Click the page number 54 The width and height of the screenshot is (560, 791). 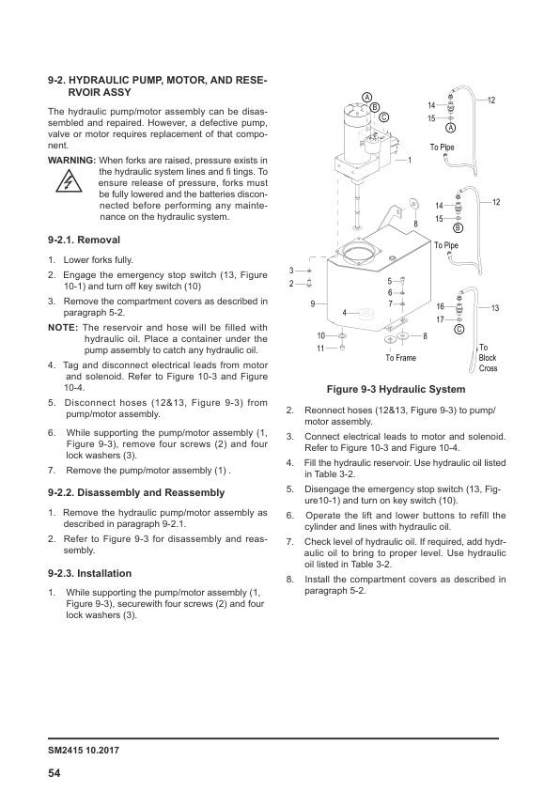55,772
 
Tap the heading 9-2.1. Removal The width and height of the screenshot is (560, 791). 84,240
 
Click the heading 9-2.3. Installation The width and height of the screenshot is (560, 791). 90,572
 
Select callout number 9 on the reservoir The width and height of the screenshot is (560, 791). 312,302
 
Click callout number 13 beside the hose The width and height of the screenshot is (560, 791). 494,308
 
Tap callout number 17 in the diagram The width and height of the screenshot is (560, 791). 440,318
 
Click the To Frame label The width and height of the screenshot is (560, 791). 401,357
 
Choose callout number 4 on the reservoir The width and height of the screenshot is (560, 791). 345,312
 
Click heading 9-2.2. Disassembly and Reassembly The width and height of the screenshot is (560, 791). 136,492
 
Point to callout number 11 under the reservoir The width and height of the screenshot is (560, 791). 319,349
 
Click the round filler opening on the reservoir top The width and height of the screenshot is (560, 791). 362,251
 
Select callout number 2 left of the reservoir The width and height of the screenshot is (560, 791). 291,284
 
